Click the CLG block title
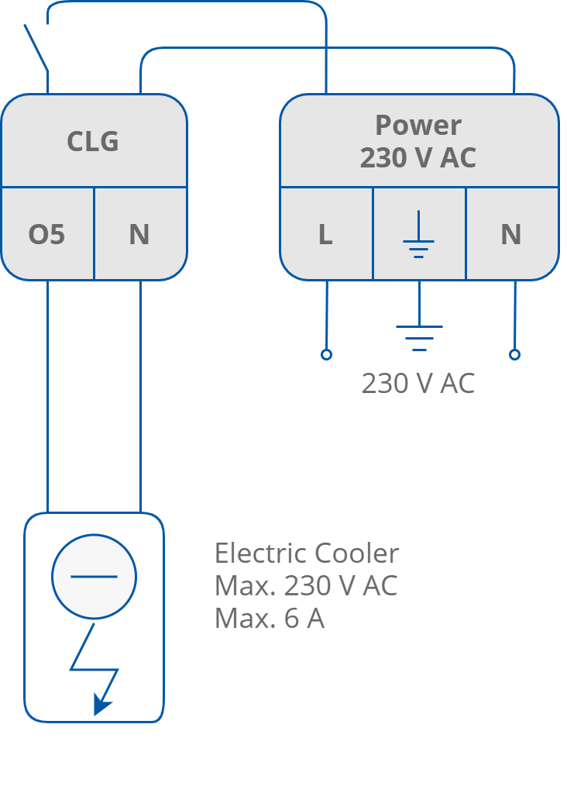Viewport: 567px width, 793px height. [x=93, y=141]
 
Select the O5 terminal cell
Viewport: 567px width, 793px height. [x=46, y=234]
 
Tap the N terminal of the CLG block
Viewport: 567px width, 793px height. [x=139, y=234]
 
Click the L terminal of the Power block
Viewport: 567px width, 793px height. [x=325, y=234]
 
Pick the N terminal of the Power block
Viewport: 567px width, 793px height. [x=510, y=234]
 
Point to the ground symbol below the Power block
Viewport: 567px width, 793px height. [x=419, y=335]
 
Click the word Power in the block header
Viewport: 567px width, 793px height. [x=418, y=125]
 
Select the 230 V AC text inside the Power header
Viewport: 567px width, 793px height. [x=418, y=157]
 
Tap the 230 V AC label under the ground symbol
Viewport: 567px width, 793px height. [x=418, y=383]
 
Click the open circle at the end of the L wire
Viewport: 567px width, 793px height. [x=326, y=354]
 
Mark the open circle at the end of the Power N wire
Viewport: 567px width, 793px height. [x=514, y=354]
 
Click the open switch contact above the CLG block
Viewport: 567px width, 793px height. [x=36, y=47]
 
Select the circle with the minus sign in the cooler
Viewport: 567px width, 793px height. [x=94, y=576]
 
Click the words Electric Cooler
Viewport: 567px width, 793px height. [x=307, y=553]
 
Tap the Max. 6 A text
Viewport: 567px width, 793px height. [x=270, y=619]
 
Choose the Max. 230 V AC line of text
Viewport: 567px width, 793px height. [x=306, y=586]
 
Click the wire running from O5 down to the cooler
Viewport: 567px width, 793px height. [x=47, y=395]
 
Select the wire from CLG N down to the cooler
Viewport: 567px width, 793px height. [x=140, y=395]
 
